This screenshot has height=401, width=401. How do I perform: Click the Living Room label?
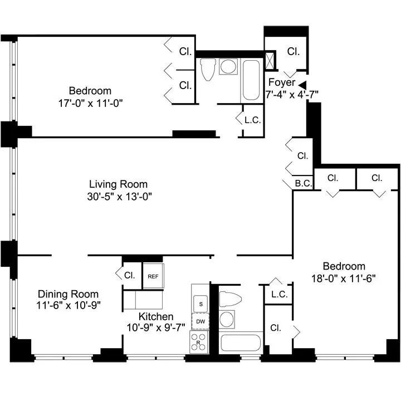click(118, 184)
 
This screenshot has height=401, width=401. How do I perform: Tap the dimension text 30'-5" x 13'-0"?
click(118, 196)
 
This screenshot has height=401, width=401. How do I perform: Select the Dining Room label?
click(68, 294)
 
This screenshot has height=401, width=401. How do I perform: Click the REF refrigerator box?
click(153, 276)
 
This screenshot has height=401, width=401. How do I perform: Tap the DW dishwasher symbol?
click(199, 322)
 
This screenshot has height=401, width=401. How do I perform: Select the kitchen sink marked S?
click(199, 304)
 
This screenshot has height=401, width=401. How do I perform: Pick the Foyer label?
click(281, 82)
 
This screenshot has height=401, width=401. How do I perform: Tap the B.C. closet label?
click(303, 183)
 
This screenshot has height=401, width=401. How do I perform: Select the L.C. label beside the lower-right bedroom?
click(279, 295)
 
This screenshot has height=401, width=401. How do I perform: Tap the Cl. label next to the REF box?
click(130, 275)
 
